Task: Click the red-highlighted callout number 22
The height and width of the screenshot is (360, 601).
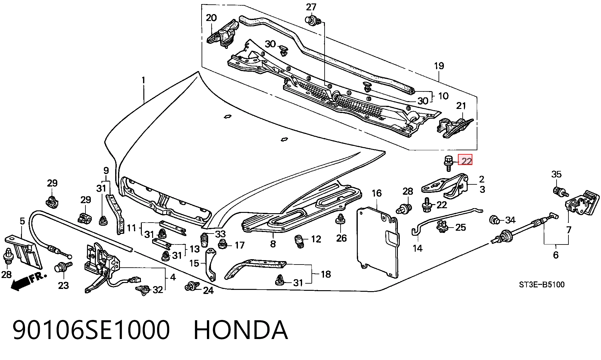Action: click(465, 161)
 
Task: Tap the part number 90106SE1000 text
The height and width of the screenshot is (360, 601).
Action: click(91, 330)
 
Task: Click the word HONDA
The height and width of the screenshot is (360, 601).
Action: click(240, 330)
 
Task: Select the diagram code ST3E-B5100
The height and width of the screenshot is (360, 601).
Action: click(542, 285)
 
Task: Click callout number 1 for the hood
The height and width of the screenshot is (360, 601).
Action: click(143, 80)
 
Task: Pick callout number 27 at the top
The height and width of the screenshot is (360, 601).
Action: click(311, 7)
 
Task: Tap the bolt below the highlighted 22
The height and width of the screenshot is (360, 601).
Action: click(448, 164)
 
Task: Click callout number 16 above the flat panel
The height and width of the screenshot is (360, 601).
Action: click(377, 193)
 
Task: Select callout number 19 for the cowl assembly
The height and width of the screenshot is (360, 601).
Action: click(439, 66)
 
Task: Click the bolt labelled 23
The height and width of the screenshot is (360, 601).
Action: click(63, 269)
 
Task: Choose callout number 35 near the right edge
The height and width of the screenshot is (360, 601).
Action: click(556, 174)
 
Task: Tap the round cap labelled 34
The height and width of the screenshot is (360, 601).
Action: click(494, 219)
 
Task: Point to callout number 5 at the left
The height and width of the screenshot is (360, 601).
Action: click(22, 221)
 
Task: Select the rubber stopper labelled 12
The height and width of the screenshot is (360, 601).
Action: click(300, 241)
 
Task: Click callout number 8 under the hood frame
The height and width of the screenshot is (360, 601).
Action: click(273, 244)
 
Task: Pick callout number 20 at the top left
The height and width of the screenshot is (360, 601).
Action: click(211, 18)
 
